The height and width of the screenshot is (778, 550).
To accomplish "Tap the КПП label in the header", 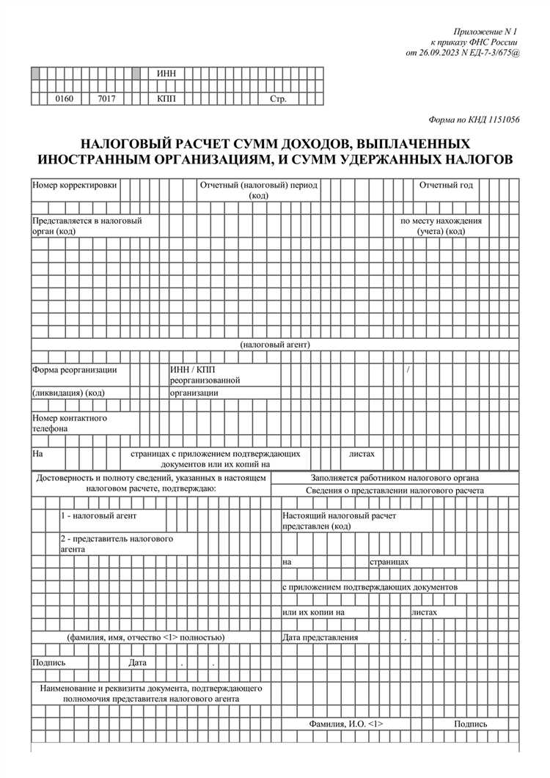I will [x=166, y=98].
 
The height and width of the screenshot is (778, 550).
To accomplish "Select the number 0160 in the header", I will [x=65, y=98].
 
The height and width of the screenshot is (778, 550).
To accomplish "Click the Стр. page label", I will [x=278, y=98].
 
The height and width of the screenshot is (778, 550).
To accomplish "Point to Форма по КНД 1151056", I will [x=474, y=120].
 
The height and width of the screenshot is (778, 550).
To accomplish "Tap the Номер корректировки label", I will [x=74, y=186].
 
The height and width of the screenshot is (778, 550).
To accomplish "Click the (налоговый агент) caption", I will [x=275, y=344].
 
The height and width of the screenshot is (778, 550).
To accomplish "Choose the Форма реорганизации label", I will [x=74, y=370].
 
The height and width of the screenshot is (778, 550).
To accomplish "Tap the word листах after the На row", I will [x=362, y=454].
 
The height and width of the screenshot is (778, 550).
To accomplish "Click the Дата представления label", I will [x=320, y=637].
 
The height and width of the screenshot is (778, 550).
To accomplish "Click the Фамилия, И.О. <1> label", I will [x=346, y=724].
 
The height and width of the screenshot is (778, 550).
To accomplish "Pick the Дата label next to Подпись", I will [x=138, y=662].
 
